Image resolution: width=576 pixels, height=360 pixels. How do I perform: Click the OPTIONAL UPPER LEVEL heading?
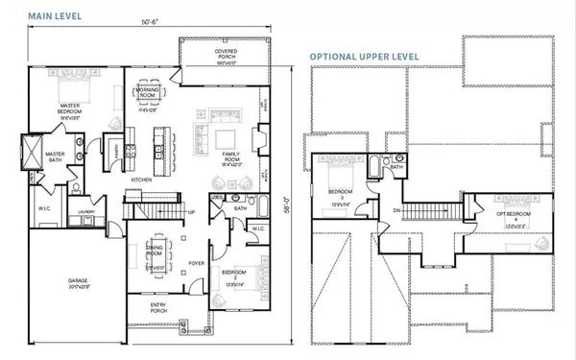[366, 57]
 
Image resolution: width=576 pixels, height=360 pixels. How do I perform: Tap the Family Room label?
[230, 159]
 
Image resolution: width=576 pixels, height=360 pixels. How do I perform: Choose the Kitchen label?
[142, 180]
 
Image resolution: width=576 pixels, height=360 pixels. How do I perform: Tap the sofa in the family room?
[204, 132]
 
